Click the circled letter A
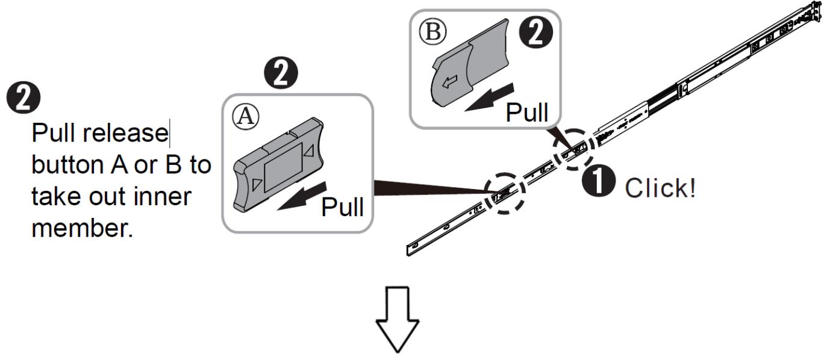[x=246, y=117]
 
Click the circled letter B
[x=432, y=31]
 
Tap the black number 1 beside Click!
[x=599, y=181]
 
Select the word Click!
[x=660, y=188]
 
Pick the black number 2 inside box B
[x=536, y=33]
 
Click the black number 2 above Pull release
[x=23, y=98]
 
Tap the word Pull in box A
[x=343, y=207]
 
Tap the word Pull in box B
[x=527, y=112]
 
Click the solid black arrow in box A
[x=302, y=196]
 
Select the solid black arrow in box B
[x=489, y=97]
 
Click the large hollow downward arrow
[x=398, y=320]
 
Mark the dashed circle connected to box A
[x=505, y=193]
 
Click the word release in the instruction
[x=125, y=133]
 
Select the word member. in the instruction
[x=82, y=228]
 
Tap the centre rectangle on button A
[x=283, y=167]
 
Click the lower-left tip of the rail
[x=408, y=255]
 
